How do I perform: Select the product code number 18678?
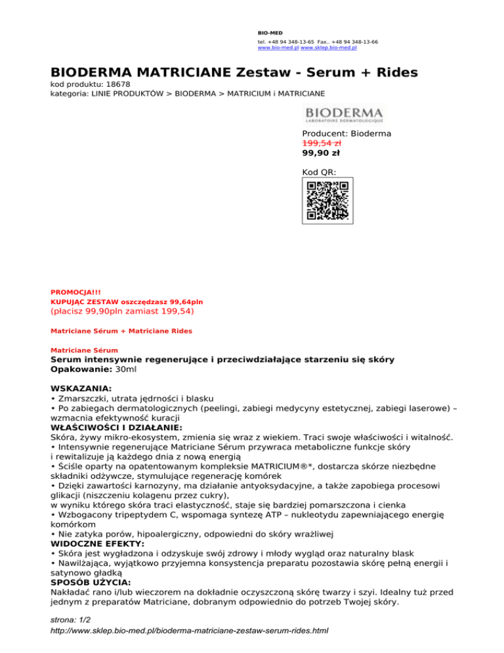[x=115, y=85]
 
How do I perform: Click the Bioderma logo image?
[x=344, y=113]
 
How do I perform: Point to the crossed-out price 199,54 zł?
[x=321, y=143]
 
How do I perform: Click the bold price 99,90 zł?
[x=321, y=153]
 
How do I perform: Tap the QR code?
[x=327, y=200]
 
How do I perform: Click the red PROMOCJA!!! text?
[x=75, y=292]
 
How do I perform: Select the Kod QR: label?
[x=319, y=172]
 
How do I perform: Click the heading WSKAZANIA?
[x=81, y=389]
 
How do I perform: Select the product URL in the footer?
[x=189, y=631]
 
